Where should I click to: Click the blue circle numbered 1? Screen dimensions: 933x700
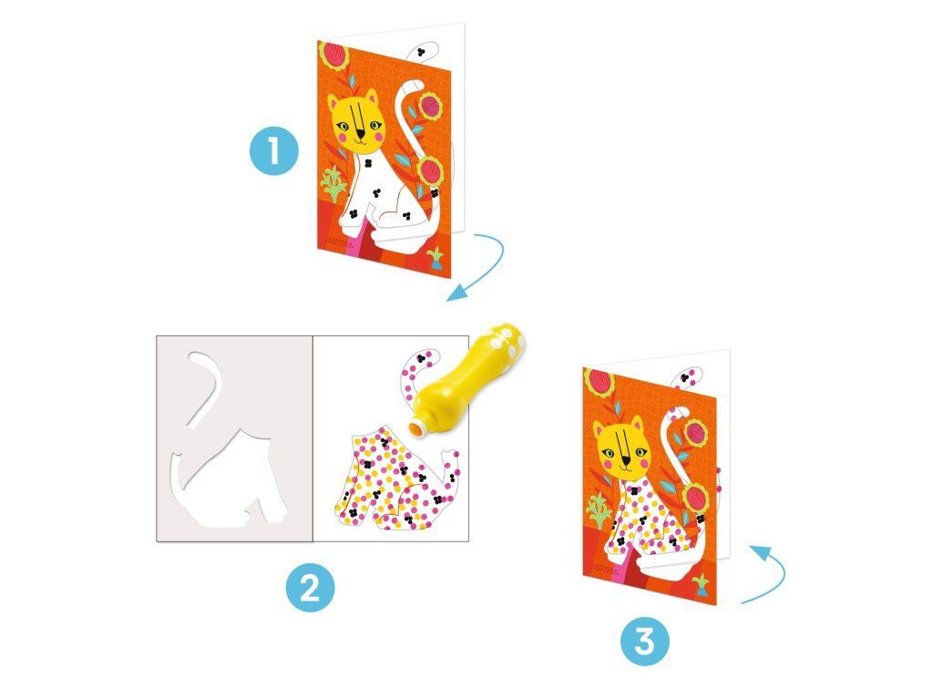pyautogui.click(x=273, y=150)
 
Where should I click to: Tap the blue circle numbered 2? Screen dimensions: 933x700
pyautogui.click(x=310, y=588)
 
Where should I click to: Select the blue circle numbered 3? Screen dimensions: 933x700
pyautogui.click(x=645, y=642)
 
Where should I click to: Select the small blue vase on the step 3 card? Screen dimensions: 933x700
pyautogui.click(x=702, y=584)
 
